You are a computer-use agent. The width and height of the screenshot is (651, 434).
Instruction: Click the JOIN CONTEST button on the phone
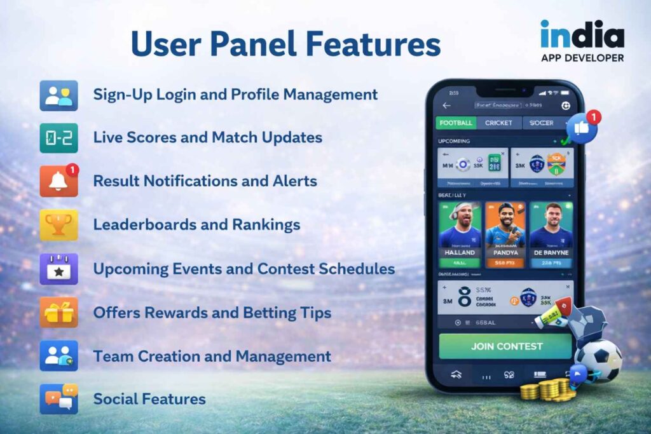pyautogui.click(x=506, y=346)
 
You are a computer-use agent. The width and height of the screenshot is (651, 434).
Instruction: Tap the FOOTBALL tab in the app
pyautogui.click(x=455, y=123)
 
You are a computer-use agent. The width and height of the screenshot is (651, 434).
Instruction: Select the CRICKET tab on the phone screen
pyautogui.click(x=498, y=123)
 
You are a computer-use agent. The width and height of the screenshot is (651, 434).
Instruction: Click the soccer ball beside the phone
pyautogui.click(x=598, y=360)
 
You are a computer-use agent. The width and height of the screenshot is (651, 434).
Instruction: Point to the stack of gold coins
pyautogui.click(x=548, y=389)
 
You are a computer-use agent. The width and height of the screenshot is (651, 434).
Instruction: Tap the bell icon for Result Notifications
pyautogui.click(x=58, y=181)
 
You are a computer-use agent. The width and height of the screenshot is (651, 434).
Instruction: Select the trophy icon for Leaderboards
pyautogui.click(x=58, y=224)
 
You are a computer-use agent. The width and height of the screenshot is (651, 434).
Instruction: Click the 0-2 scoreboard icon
pyautogui.click(x=58, y=138)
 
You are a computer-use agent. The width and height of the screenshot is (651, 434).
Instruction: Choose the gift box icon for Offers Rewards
pyautogui.click(x=58, y=312)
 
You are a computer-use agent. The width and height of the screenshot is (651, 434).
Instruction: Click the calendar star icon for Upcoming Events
pyautogui.click(x=58, y=268)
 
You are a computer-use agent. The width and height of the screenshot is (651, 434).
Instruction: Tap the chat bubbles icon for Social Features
pyautogui.click(x=58, y=399)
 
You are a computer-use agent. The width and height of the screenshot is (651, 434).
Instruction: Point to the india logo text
pyautogui.click(x=582, y=34)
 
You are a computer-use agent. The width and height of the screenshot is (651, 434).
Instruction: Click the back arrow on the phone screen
pyautogui.click(x=446, y=105)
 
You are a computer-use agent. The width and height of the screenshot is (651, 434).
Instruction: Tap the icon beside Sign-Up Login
pyautogui.click(x=58, y=95)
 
